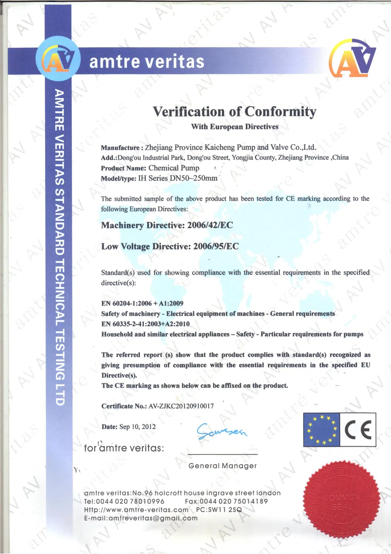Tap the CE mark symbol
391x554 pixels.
click(358, 430)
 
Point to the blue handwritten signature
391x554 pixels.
click(222, 431)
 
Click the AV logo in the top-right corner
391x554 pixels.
click(352, 58)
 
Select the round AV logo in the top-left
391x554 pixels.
click(58, 59)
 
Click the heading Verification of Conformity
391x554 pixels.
click(234, 112)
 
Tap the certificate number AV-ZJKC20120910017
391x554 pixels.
click(181, 406)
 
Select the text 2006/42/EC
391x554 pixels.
click(210, 225)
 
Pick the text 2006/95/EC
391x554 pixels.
click(216, 247)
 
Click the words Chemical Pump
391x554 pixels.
click(174, 168)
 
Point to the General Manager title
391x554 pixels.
click(222, 466)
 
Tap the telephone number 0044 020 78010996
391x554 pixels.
click(130, 502)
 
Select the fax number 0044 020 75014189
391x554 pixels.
click(233, 502)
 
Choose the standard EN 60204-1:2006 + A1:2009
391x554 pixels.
click(142, 303)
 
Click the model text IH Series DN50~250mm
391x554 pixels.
click(178, 178)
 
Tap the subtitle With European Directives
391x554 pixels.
click(234, 127)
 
